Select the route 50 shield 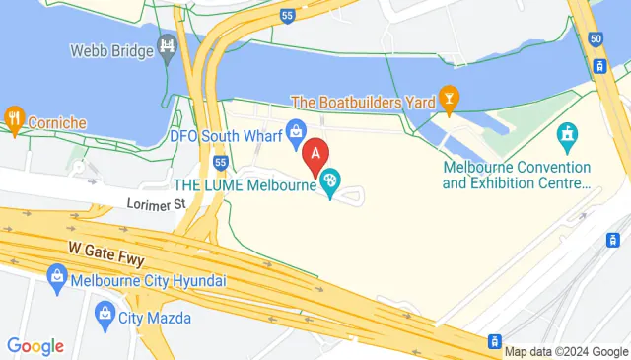click(x=596, y=37)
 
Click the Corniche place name click(x=57, y=122)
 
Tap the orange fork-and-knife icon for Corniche click(x=14, y=115)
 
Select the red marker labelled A click(x=315, y=155)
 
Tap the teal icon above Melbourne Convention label click(x=567, y=133)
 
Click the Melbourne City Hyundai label click(x=149, y=280)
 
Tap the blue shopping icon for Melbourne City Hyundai click(x=56, y=279)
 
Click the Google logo click(x=35, y=346)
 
